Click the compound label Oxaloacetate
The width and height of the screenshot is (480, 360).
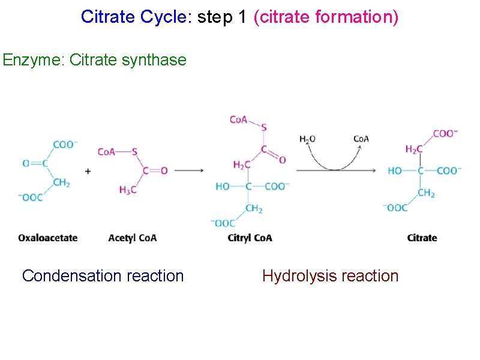[x=48, y=238]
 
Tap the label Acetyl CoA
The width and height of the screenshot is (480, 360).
[x=133, y=238]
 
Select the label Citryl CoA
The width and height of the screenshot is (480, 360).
[x=250, y=238]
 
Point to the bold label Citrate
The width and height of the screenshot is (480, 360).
[x=422, y=238]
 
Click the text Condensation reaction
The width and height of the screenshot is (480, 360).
[x=103, y=276]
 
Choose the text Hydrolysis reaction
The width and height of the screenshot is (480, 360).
[x=330, y=276]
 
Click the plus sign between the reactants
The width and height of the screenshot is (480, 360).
[x=88, y=171]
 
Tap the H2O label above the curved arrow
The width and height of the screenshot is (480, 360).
[x=307, y=139]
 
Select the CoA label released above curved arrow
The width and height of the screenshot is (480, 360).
[x=361, y=139]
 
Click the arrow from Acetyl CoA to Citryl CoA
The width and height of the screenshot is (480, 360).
[x=188, y=171]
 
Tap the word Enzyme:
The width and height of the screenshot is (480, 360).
[x=34, y=60]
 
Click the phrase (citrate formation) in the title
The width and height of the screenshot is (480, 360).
[x=326, y=17]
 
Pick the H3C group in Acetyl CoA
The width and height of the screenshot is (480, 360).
[x=127, y=190]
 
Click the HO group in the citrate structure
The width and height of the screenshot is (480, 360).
[x=395, y=171]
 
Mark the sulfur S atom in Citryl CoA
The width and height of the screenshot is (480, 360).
[x=264, y=127]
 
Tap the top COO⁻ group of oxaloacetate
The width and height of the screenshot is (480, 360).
[x=65, y=145]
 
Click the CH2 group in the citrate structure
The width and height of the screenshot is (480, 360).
[x=427, y=193]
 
